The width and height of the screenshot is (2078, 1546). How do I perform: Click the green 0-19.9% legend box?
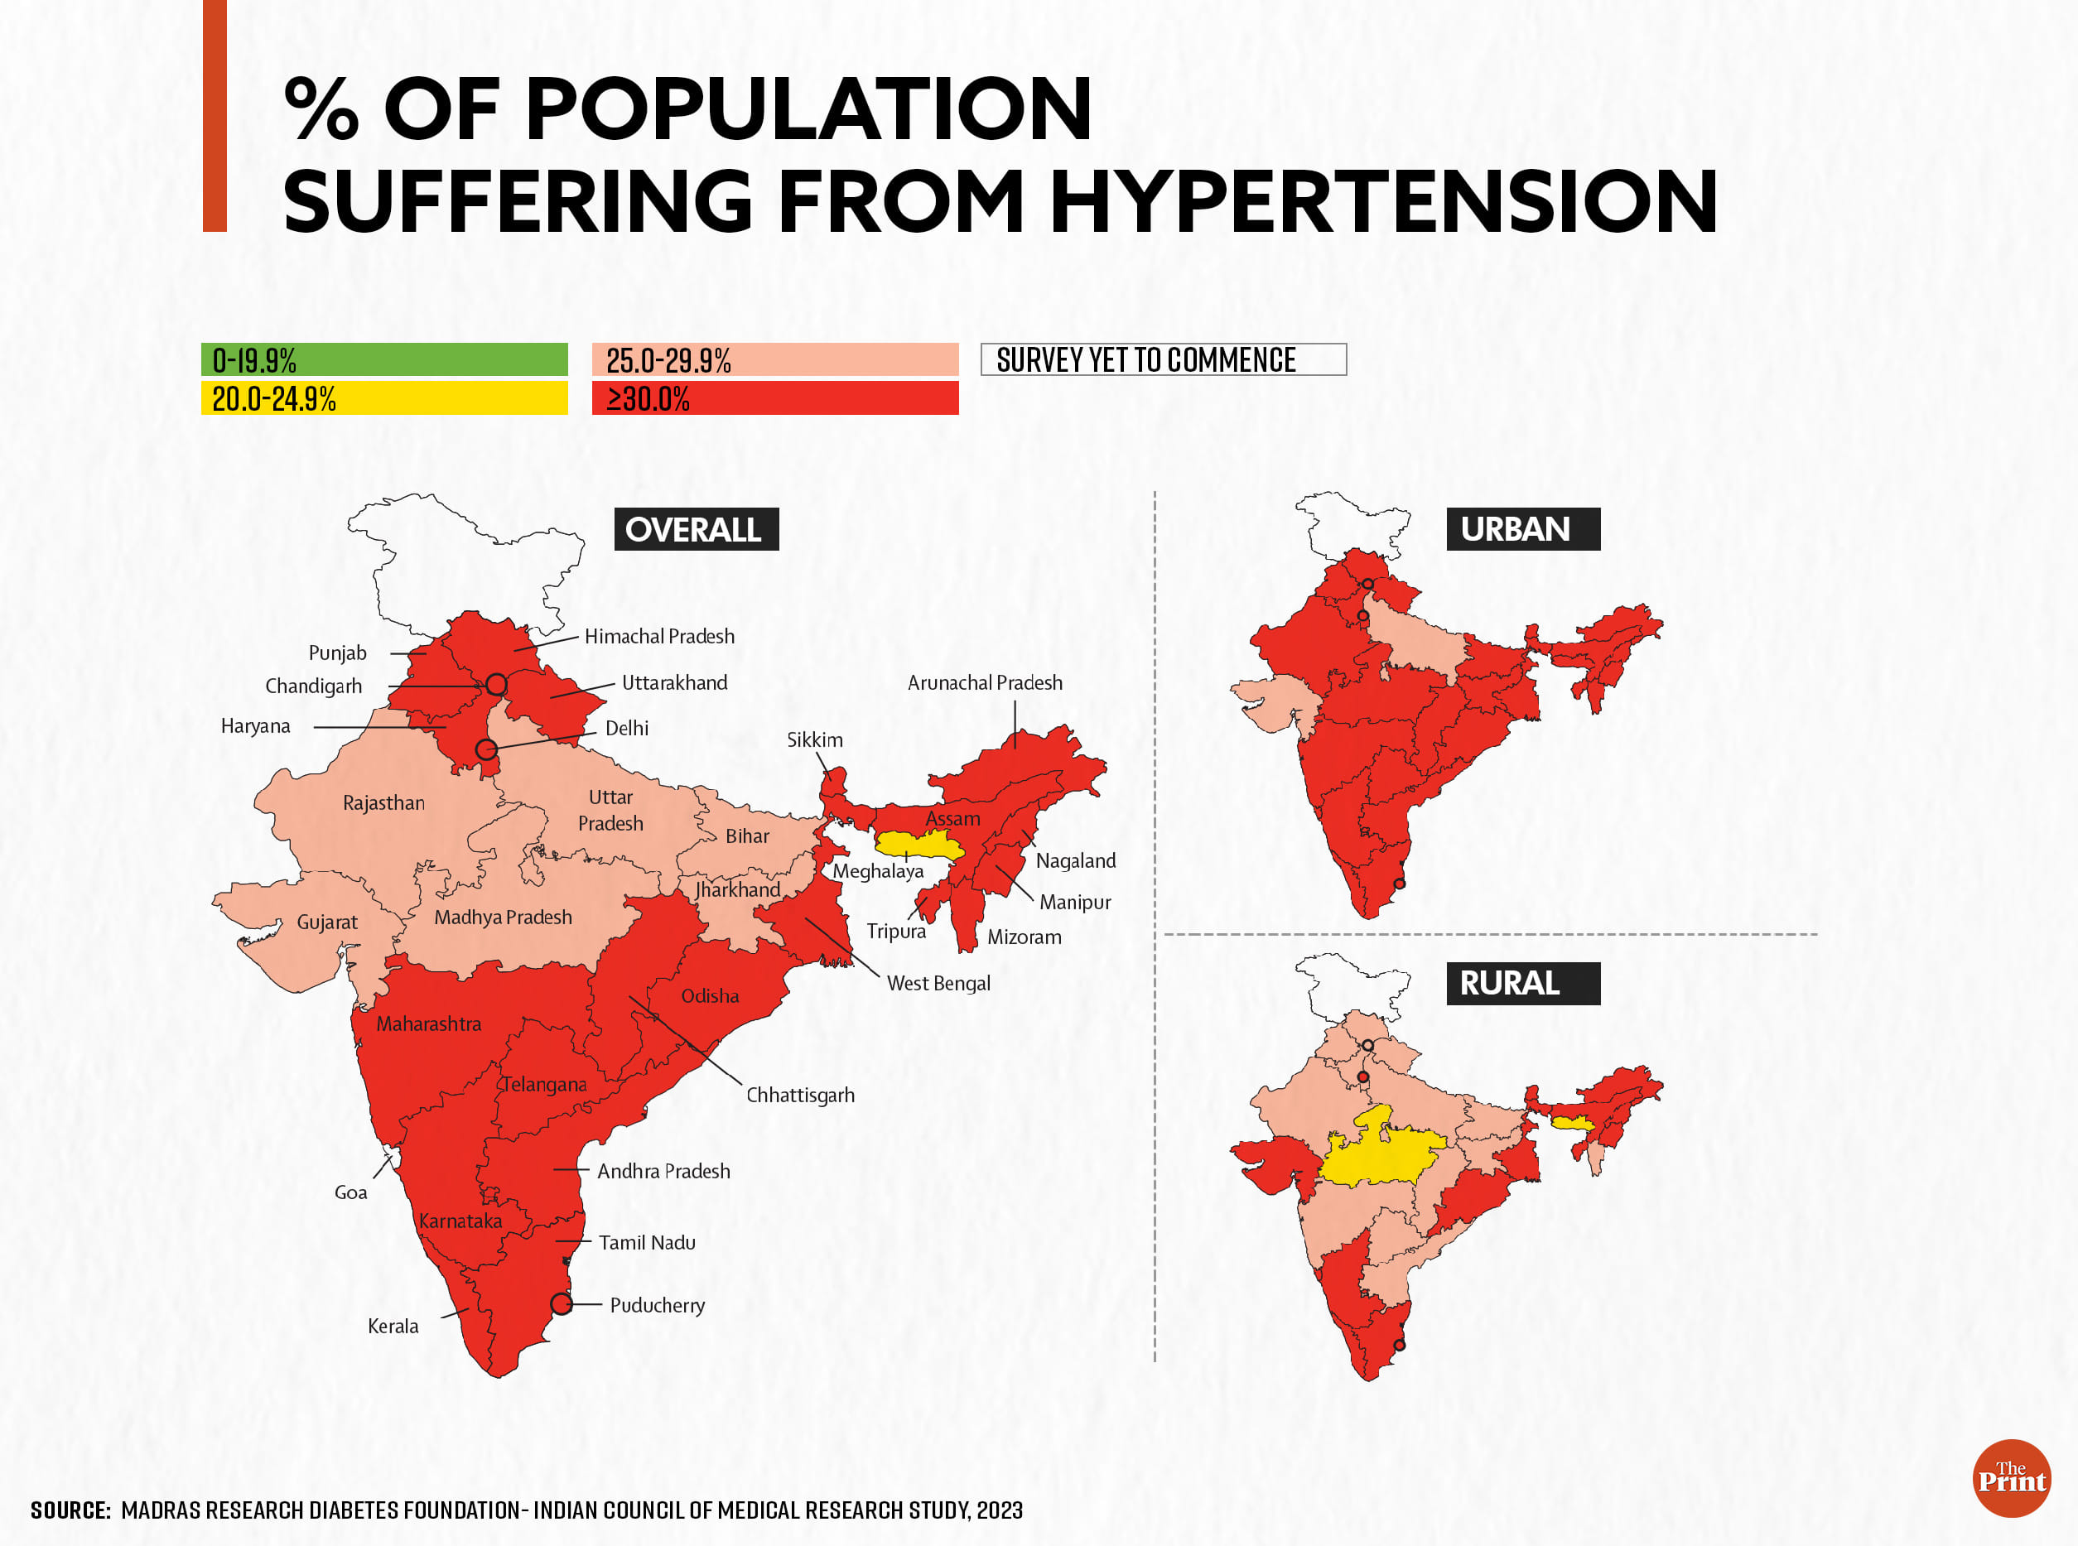point(383,359)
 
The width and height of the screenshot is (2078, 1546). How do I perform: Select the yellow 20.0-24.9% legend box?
point(383,397)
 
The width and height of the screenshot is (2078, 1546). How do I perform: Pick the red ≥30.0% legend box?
point(775,397)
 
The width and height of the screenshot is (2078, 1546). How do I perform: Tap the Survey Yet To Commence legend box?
point(1163,359)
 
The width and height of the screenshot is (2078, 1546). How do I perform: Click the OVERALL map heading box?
point(696,529)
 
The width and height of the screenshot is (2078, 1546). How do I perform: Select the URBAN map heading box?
point(1523,529)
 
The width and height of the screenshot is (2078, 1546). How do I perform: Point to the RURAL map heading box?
point(1523,984)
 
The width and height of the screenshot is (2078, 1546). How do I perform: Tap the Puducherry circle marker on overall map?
point(561,1303)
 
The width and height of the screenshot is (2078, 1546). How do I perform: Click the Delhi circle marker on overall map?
point(486,749)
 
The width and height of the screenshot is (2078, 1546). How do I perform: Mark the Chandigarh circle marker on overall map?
point(496,685)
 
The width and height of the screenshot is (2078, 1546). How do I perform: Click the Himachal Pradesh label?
point(659,636)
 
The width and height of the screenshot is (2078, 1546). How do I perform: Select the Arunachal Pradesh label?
point(985,683)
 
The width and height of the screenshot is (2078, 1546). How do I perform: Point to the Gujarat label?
point(326,922)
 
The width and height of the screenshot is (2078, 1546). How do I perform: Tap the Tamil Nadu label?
point(647,1243)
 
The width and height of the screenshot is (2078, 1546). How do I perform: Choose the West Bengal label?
point(938,984)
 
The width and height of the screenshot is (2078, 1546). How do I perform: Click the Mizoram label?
point(1024,937)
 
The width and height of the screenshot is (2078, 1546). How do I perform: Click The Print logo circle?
point(2012,1479)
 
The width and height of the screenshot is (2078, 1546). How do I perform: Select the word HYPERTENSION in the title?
point(1382,201)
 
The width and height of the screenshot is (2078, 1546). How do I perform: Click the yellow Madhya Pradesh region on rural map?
point(1376,1157)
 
